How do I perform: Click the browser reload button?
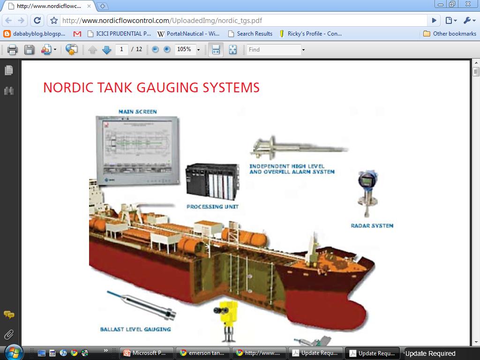(37, 20)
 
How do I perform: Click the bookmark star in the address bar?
(54, 20)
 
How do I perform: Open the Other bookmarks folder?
(450, 34)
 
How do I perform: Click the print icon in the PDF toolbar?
(12, 50)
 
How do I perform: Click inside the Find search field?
(274, 49)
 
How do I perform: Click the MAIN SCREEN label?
(137, 112)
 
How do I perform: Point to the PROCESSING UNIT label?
(212, 207)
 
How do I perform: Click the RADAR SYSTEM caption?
(372, 226)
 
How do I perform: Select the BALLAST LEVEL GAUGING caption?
(135, 330)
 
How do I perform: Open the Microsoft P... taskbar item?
(147, 353)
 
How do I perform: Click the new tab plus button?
(103, 6)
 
